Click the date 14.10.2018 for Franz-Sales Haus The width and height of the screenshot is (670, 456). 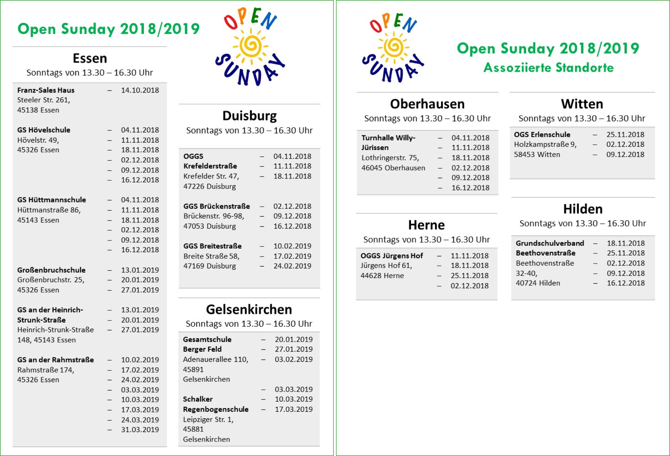coord(140,90)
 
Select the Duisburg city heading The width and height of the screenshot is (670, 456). coord(250,116)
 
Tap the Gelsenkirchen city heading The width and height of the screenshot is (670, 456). coord(249,310)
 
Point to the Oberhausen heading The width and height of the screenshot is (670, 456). coord(427,104)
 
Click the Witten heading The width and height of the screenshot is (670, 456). coord(582,104)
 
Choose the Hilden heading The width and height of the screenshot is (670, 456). coord(583,209)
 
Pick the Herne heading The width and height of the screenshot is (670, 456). coord(426,225)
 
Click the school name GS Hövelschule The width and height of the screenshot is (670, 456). coord(44,130)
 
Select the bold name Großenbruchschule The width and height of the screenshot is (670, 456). coord(51,270)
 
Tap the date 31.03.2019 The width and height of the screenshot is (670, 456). coord(140,430)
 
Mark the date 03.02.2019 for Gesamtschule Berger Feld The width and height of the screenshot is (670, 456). coord(293,359)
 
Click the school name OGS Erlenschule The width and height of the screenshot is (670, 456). coord(542,135)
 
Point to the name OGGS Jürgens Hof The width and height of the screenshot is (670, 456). coord(392,256)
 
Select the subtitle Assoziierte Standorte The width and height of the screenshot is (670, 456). coord(548,68)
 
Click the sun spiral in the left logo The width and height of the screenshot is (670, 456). coord(251,45)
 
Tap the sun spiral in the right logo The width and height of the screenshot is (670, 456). coord(394,46)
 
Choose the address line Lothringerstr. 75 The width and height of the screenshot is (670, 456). coord(390,158)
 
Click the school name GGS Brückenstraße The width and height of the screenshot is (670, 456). coord(217,206)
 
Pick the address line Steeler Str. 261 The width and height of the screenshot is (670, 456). coord(44,100)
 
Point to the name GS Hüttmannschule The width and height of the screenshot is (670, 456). coord(51,200)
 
